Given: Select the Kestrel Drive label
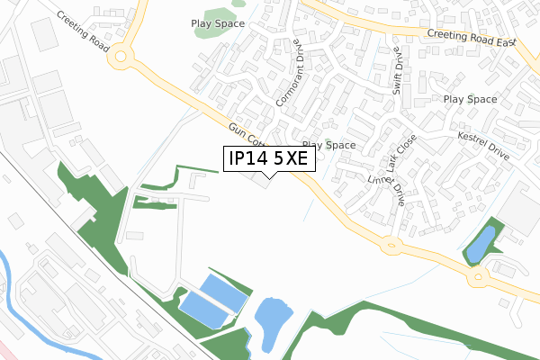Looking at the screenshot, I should (483, 145).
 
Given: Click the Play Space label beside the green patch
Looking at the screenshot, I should (218, 23).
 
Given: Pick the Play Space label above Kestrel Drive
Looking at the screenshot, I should (471, 99).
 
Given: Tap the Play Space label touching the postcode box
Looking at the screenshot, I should (329, 144).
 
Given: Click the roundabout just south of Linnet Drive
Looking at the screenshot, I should (390, 243).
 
